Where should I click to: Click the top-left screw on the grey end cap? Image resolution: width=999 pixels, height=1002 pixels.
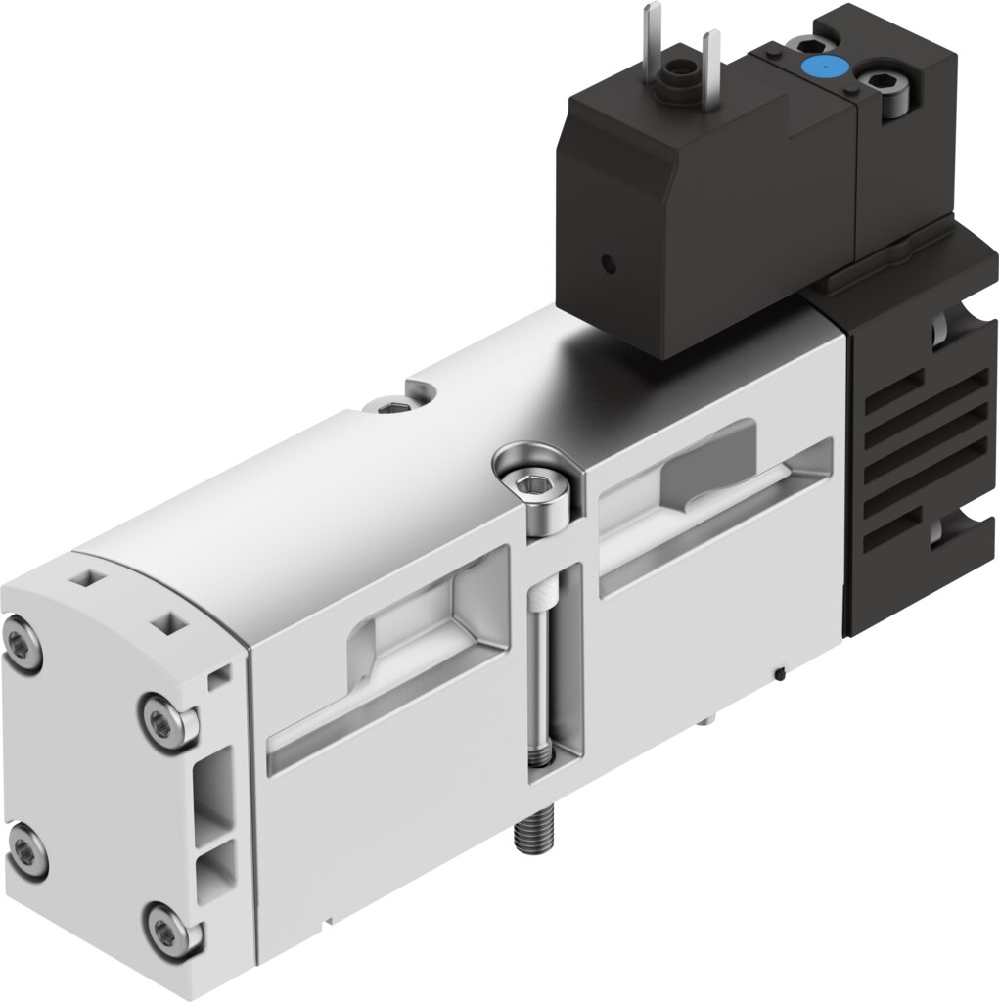click(x=21, y=643)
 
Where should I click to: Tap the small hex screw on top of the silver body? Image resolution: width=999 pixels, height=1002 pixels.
click(x=393, y=406)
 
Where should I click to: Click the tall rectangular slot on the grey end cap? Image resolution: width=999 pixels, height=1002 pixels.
click(x=216, y=786)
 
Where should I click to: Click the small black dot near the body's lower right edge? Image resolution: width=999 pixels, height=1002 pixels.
click(x=779, y=672)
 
